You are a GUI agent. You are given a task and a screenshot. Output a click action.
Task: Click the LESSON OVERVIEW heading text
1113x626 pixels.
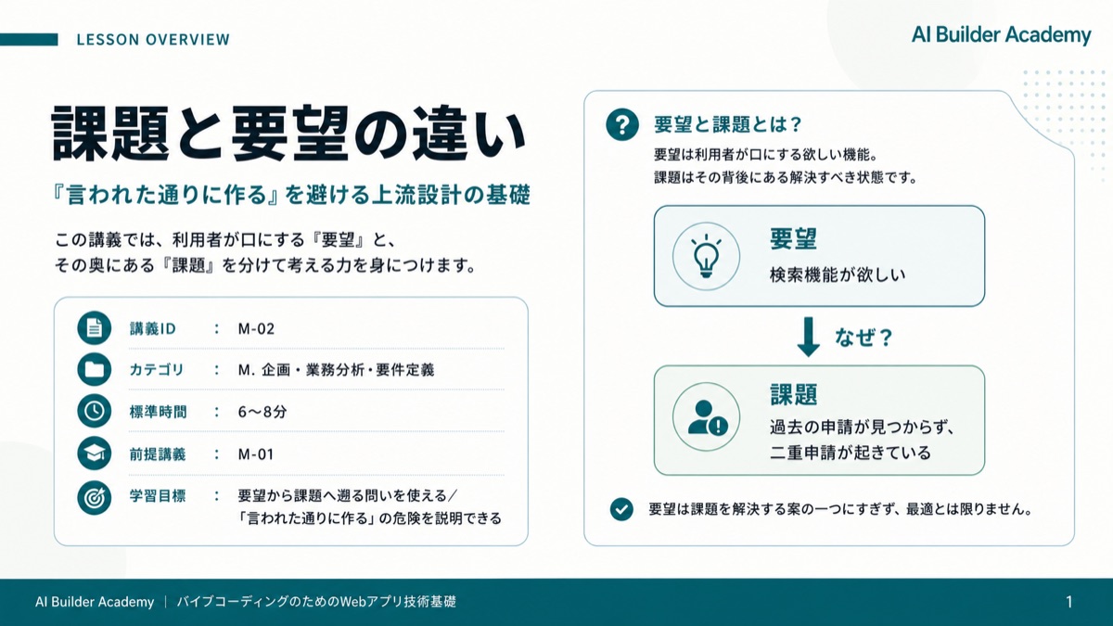(153, 40)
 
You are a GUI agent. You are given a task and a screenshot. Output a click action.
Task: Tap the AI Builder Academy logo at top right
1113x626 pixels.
(1001, 35)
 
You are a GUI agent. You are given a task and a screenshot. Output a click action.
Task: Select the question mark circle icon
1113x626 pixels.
(622, 124)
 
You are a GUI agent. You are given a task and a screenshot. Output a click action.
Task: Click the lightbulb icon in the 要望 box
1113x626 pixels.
(706, 256)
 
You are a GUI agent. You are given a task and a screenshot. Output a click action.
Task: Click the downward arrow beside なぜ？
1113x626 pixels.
(809, 337)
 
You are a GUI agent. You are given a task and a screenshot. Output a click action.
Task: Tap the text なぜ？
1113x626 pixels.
(864, 338)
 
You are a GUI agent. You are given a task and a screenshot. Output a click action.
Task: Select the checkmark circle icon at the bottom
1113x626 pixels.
(621, 509)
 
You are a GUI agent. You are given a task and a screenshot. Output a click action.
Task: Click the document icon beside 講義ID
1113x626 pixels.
(94, 328)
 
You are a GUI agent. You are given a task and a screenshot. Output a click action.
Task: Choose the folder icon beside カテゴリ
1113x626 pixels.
(94, 369)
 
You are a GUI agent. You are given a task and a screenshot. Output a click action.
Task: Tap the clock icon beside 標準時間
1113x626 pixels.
(94, 412)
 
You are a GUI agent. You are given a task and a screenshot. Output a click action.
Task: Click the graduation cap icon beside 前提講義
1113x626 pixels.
(94, 454)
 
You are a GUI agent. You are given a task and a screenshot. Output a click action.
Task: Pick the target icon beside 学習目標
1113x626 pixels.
(94, 497)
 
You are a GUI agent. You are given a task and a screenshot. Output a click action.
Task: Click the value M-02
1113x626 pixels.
(256, 329)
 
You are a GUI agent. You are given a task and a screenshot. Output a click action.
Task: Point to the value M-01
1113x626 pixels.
(255, 454)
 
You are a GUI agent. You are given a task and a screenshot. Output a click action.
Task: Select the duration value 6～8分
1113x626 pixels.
(262, 412)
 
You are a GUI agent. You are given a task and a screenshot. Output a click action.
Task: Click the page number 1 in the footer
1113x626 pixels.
(1069, 602)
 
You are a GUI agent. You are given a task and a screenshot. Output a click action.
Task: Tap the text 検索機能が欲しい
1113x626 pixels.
(838, 275)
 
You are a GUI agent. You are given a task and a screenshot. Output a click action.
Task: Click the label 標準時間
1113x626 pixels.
(158, 412)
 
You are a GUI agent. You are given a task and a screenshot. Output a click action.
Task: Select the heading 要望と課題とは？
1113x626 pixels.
(727, 124)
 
